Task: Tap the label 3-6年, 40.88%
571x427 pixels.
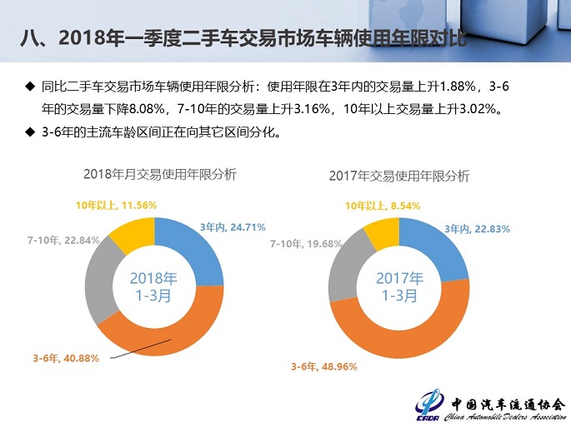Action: click(66, 358)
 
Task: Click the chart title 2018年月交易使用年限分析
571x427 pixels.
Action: click(159, 174)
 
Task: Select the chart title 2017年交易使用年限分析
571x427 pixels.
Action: click(399, 176)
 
